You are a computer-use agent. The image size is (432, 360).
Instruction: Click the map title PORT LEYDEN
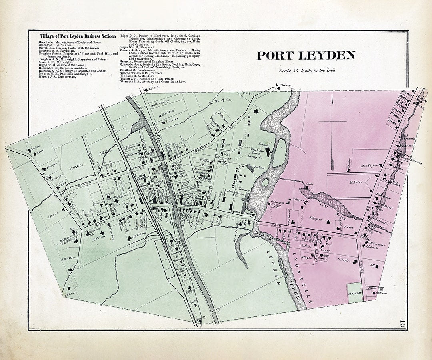coord(306,56)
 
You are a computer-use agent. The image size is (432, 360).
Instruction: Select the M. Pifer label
coord(356,182)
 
